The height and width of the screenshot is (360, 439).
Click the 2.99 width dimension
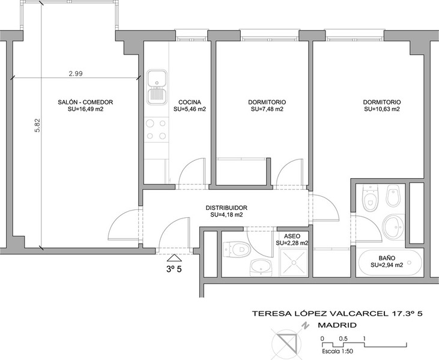tap(76, 74)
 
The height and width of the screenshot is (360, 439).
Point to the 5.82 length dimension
tap(37, 125)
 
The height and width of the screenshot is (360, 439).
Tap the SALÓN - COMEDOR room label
tap(85, 102)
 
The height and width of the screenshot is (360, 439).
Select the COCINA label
tap(190, 102)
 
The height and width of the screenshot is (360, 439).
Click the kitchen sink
tap(157, 87)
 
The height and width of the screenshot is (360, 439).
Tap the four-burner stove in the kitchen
tap(157, 129)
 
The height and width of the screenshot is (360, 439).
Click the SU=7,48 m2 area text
tap(267, 109)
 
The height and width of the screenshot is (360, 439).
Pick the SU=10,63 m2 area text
tap(382, 109)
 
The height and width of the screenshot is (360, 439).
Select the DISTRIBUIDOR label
tap(226, 208)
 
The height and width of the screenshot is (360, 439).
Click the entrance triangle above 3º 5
tap(174, 257)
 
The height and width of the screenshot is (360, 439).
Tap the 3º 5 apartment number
tap(174, 269)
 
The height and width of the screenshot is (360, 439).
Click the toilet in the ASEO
tap(237, 249)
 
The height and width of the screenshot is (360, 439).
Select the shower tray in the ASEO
tap(294, 262)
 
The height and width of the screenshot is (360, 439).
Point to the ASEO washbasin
tap(261, 267)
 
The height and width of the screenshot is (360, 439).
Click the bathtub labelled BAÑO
tap(390, 262)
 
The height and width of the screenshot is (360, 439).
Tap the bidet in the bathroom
tap(393, 196)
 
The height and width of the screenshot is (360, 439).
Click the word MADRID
tap(337, 325)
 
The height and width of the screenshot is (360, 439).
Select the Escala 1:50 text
tap(338, 352)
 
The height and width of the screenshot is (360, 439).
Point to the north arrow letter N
tap(306, 326)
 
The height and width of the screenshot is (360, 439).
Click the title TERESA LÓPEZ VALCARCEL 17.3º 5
tap(338, 313)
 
